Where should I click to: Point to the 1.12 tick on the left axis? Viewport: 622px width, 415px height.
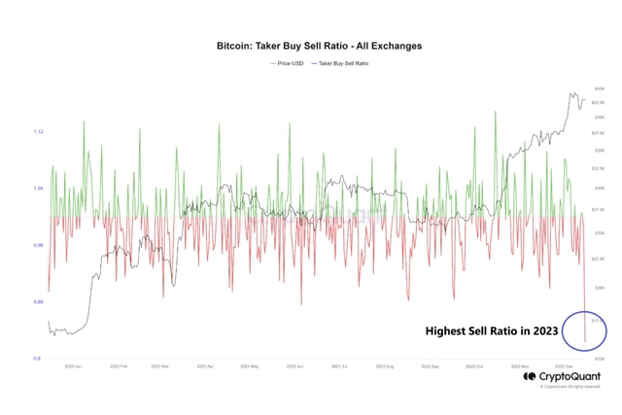coord(38,131)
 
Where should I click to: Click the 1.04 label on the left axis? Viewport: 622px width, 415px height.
coord(38,188)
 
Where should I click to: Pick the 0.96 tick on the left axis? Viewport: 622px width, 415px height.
coord(38,245)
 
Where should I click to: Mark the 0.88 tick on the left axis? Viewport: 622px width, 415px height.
coord(38,301)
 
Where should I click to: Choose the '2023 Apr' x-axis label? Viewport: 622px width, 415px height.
coord(205,366)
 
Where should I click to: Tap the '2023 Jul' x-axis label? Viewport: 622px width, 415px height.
coord(339,366)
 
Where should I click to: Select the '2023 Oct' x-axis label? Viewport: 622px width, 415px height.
coord(474,366)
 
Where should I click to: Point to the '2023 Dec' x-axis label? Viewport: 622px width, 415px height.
coord(564,366)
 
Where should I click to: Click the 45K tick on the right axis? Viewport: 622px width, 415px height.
coord(600,88)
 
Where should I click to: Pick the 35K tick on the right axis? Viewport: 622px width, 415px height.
coord(600,150)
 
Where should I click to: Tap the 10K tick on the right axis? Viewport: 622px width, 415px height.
coord(600,359)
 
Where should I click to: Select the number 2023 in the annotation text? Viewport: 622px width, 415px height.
coord(541,330)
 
